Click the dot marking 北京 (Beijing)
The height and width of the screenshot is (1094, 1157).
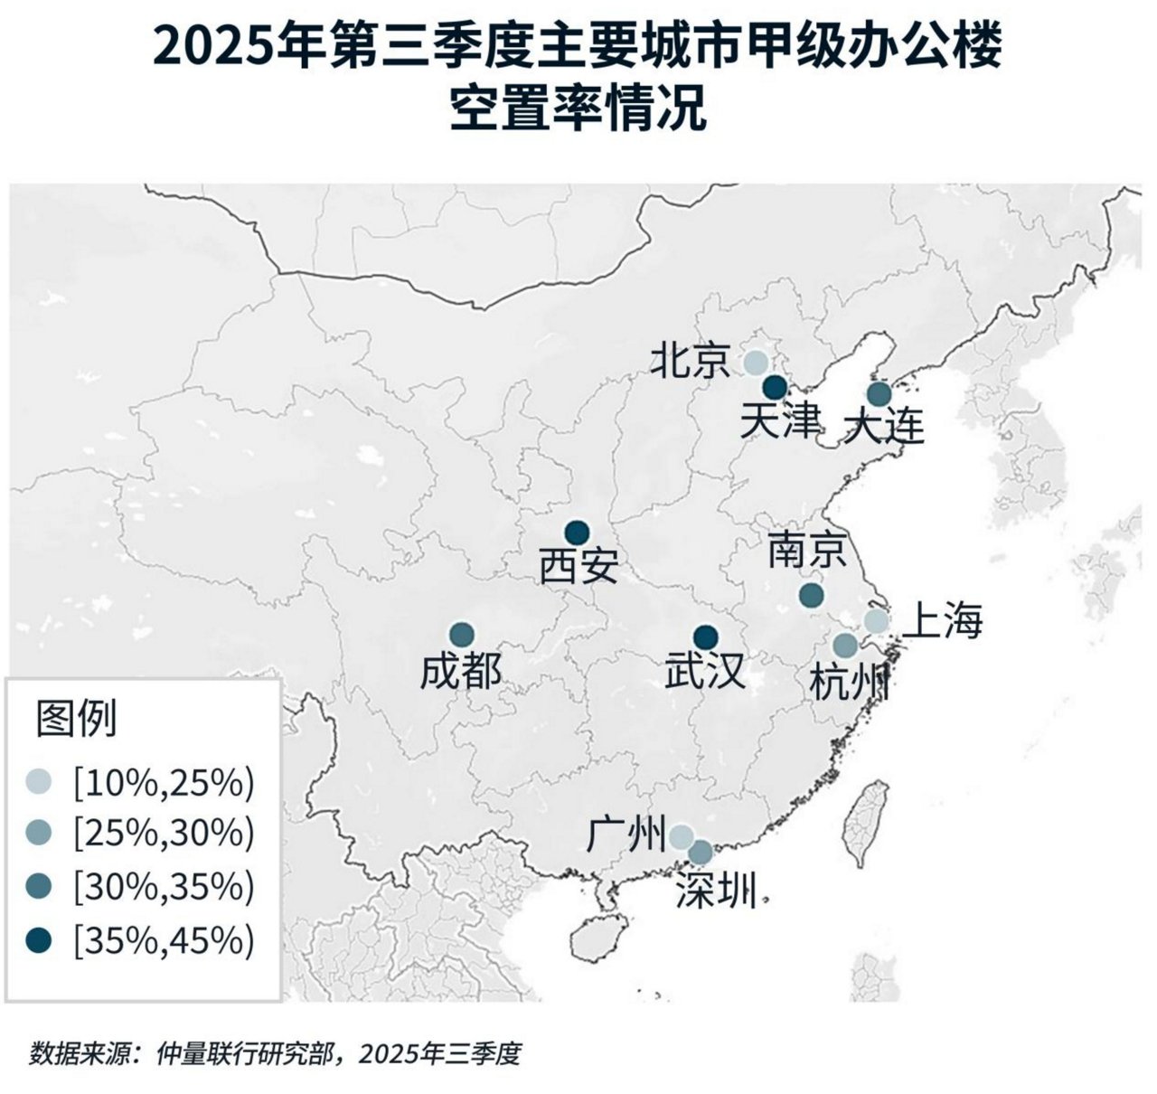coord(756,363)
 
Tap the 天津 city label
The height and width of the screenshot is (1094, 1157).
coord(780,421)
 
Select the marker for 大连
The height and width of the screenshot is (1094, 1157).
coord(879,394)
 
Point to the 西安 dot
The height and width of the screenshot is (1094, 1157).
coord(576,533)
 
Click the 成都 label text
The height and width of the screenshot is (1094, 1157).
coord(460,672)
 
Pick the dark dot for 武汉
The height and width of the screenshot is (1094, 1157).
coord(705,637)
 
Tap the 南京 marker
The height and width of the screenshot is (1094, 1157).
coord(811,594)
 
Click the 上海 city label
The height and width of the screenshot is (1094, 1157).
coord(943,621)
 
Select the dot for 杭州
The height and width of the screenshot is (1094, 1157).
coord(844,646)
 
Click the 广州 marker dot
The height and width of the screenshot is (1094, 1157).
coord(681,836)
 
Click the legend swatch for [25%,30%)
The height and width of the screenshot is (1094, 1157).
coord(40,834)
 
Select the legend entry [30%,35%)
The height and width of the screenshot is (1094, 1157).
coord(164,887)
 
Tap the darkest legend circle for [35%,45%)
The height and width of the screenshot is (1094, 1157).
coord(40,940)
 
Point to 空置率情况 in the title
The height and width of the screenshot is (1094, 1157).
coord(578,110)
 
